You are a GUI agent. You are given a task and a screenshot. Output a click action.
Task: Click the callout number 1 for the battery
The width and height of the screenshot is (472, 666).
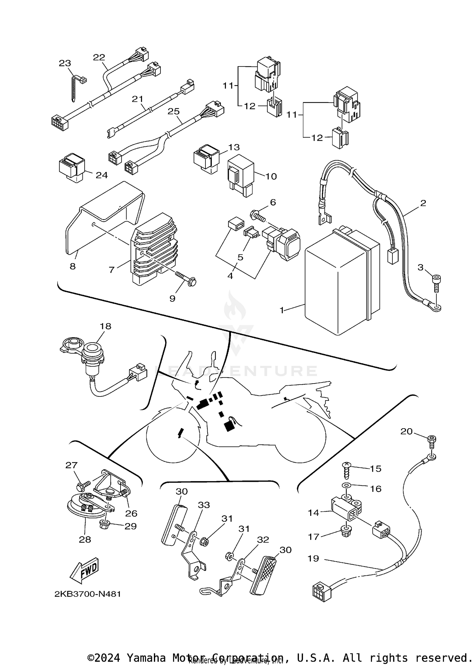(282, 310)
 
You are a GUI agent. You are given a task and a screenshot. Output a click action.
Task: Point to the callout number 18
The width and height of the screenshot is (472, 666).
(106, 326)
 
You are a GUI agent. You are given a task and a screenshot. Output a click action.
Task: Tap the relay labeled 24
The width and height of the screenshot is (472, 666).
(72, 168)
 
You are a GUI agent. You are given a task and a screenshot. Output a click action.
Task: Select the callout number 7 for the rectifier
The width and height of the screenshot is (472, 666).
(111, 270)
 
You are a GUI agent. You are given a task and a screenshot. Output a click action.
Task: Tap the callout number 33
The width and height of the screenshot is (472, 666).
(204, 505)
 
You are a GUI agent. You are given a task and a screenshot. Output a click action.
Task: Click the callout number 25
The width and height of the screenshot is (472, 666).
(173, 111)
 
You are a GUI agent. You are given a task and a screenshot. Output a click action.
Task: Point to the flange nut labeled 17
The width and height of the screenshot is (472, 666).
(346, 532)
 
